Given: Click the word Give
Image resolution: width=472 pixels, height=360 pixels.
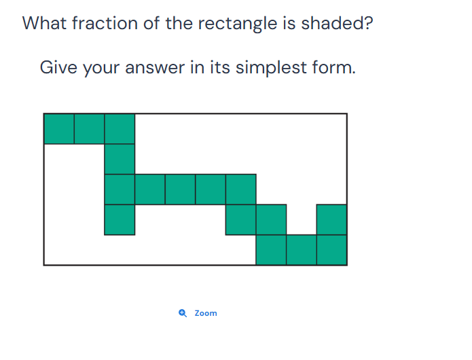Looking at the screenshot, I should pos(58,68).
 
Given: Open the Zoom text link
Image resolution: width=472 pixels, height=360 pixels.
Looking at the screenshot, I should pos(206,313).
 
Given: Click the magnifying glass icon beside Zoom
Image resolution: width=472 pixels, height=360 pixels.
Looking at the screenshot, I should pos(183,313).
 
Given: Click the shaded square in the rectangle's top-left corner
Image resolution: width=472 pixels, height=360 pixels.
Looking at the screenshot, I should pos(59,129).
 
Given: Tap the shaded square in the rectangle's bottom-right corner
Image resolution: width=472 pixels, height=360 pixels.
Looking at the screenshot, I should pos(331,250).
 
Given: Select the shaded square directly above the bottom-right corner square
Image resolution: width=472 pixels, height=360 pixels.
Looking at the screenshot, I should pos(331,219).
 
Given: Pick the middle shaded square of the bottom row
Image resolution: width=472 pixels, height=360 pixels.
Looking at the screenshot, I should pos(302,250).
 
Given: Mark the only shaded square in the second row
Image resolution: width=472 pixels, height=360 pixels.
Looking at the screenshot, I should pos(120,159).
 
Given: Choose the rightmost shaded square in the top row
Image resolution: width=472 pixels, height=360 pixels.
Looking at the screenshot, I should pos(120,129).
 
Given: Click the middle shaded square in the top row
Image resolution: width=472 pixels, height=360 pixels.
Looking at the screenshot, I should pos(90,129).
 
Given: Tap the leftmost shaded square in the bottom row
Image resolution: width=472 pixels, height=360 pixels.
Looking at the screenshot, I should pos(271,250).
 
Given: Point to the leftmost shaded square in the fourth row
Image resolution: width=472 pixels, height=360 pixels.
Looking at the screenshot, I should pos(120,219).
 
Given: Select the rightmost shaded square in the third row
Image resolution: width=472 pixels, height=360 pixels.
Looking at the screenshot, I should pos(240,190).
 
